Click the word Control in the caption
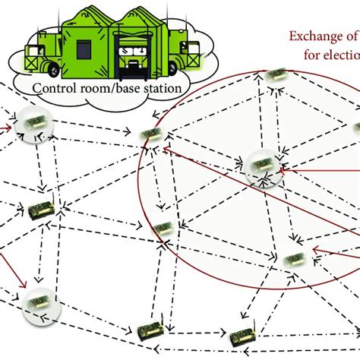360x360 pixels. click(54, 87)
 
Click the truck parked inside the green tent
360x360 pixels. click(131, 52)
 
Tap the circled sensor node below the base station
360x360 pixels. click(34, 122)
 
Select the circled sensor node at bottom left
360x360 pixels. click(35, 302)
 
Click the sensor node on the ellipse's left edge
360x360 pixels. click(150, 134)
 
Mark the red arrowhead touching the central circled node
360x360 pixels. click(283, 170)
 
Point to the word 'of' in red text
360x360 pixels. click(351, 35)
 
